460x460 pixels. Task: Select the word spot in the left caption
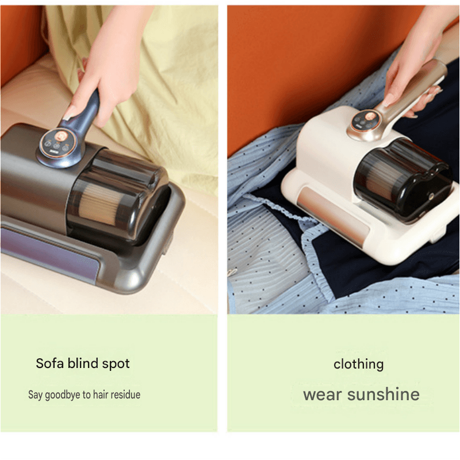point(116,364)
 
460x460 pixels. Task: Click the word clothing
point(358,365)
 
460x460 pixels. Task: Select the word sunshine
point(383,394)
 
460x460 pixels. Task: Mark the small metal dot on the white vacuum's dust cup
point(431,197)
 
